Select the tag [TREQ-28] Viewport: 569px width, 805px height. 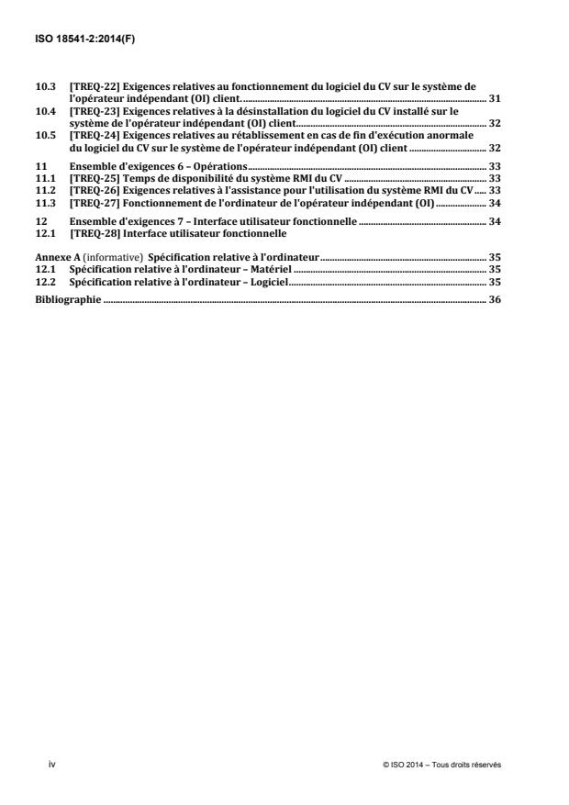click(x=90, y=234)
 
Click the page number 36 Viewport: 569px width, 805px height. click(x=495, y=274)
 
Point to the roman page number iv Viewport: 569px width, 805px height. click(x=39, y=764)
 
